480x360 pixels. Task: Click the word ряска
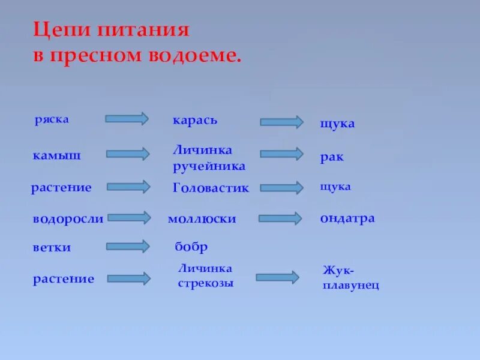(x=52, y=119)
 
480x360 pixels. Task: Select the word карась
(x=195, y=120)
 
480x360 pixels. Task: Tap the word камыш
(x=56, y=156)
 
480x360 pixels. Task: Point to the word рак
(x=331, y=157)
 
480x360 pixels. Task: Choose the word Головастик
(x=211, y=188)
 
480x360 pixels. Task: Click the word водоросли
(x=68, y=218)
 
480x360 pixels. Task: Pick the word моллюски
(x=202, y=219)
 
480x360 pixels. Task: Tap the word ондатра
(x=347, y=218)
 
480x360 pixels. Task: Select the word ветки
(x=52, y=247)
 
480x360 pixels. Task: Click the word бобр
(x=191, y=247)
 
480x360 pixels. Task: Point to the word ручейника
(x=209, y=166)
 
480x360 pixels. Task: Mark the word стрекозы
(x=205, y=283)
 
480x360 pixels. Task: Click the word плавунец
(x=350, y=286)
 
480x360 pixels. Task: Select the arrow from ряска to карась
(x=127, y=118)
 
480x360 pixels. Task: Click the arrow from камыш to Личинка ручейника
(x=127, y=154)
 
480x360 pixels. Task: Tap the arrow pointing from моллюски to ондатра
(x=280, y=218)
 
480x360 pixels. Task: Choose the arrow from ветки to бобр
(x=127, y=246)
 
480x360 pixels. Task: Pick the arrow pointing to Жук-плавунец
(x=277, y=277)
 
